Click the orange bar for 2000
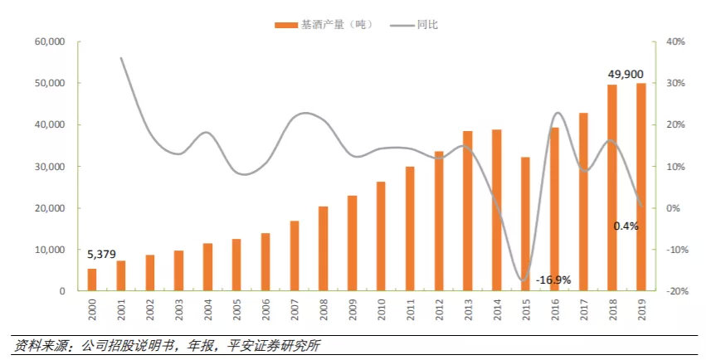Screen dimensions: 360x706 [92, 280]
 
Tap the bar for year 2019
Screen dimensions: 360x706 [641, 187]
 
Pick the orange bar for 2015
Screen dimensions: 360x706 [526, 224]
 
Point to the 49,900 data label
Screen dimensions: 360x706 [625, 74]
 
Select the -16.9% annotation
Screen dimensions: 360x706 [553, 280]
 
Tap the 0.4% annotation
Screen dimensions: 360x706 [626, 226]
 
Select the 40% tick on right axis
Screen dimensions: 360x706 [673, 41]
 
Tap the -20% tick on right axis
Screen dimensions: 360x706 [673, 291]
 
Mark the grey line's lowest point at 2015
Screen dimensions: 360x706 [523, 280]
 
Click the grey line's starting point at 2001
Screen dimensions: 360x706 [121, 58]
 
